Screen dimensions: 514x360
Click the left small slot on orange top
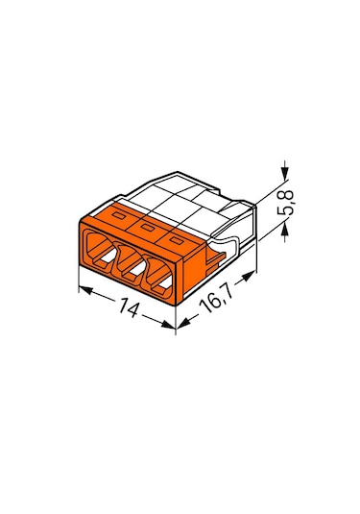pyautogui.click(x=118, y=218)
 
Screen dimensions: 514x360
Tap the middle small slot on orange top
pyautogui.click(x=149, y=227)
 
